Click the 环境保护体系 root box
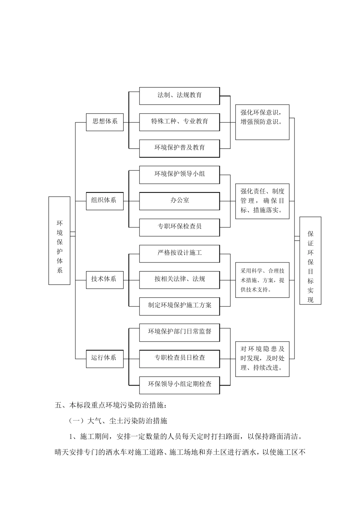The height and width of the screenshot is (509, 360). click(x=59, y=240)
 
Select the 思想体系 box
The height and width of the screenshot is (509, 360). click(x=105, y=122)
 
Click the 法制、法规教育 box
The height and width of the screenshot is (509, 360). click(x=179, y=96)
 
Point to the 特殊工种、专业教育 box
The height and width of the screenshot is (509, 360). click(x=179, y=122)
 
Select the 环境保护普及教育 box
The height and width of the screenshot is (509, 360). click(x=179, y=148)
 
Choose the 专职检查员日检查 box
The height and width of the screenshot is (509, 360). click(x=179, y=358)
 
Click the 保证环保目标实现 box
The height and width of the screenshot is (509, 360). click(x=310, y=261)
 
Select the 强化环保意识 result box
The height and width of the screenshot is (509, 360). click(x=262, y=122)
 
